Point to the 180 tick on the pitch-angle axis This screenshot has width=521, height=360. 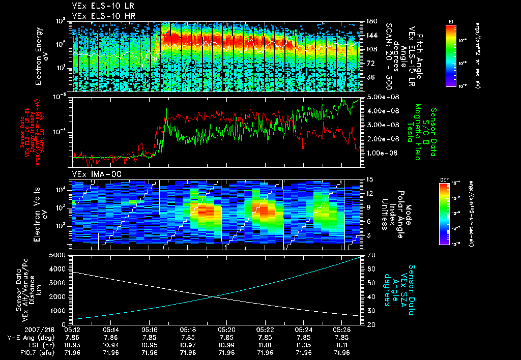pyautogui.click(x=371, y=21)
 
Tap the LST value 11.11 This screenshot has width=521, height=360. pyautogui.click(x=342, y=344)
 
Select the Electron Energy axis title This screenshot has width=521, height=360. pyautogui.click(x=40, y=56)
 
